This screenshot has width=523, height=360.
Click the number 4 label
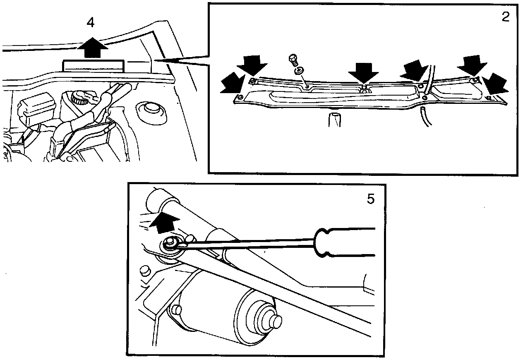(90, 23)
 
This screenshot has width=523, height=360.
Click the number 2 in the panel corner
(506, 17)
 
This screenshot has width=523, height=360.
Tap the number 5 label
(370, 199)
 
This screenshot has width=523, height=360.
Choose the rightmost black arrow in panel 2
(496, 85)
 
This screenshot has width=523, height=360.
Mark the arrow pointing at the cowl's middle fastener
(363, 74)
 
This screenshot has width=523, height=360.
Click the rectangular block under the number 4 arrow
(93, 66)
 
